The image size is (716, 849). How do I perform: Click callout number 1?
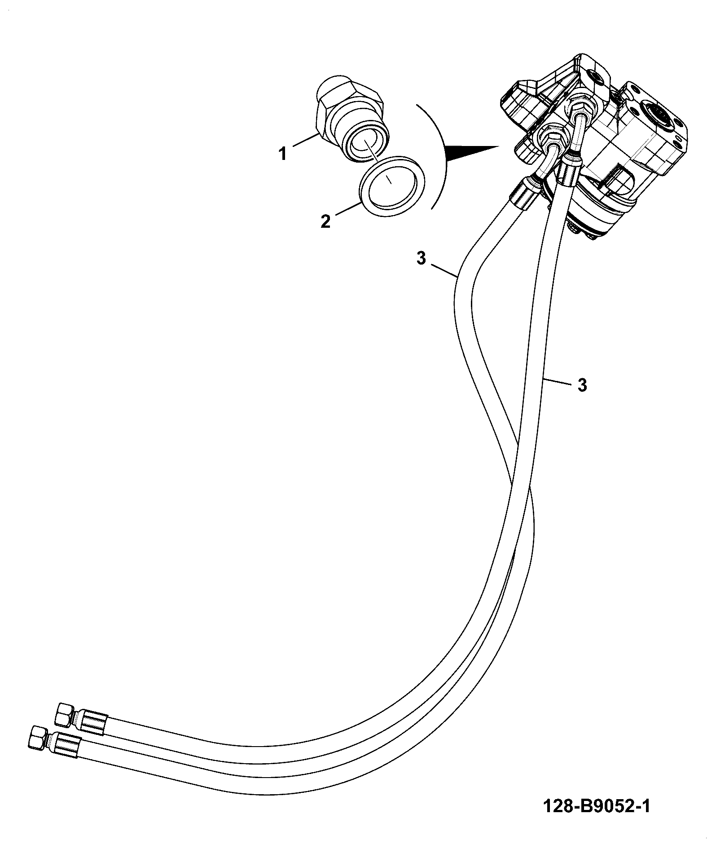(282, 155)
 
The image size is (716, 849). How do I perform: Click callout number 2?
(325, 221)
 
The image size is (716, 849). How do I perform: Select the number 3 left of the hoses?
(421, 259)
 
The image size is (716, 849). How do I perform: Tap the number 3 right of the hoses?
(582, 385)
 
